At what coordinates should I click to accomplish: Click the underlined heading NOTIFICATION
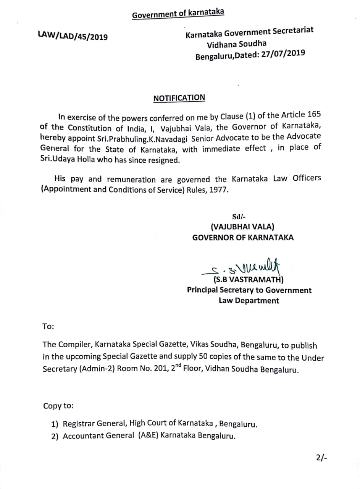(179, 98)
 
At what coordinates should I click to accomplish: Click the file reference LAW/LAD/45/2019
(73, 36)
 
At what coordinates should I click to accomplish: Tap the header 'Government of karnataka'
(178, 13)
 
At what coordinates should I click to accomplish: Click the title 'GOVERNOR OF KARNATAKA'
(243, 237)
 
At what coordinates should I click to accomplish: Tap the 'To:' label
(48, 327)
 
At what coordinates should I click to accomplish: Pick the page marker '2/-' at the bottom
(321, 458)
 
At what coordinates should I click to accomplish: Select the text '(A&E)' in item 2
(148, 436)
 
